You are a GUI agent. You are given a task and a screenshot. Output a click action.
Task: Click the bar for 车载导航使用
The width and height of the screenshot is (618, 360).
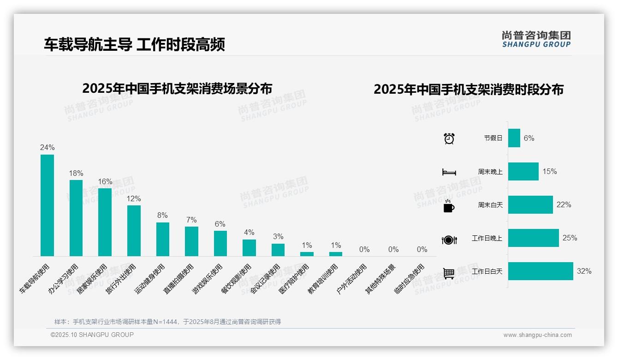coord(47,205)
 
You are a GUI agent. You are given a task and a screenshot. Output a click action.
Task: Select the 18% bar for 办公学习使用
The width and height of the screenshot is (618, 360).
coord(76,218)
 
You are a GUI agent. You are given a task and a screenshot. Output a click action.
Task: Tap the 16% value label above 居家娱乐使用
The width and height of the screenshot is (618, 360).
coord(105,181)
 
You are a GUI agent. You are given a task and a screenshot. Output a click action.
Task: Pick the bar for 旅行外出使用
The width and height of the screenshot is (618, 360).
coord(134,230)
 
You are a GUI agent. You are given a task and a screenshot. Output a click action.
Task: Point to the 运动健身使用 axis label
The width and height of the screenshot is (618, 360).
coord(150,279)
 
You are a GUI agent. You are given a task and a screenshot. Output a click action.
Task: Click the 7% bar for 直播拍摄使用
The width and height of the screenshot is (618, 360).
coord(191,241)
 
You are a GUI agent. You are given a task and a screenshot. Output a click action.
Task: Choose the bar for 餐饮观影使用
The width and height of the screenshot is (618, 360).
coord(249,247)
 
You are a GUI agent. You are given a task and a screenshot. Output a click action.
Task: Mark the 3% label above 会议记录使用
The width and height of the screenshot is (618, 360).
coord(278,236)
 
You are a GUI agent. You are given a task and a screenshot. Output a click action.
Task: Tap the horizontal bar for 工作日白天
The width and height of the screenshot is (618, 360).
coord(541,271)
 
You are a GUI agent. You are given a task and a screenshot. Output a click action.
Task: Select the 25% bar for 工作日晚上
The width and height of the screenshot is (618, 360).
coord(533,238)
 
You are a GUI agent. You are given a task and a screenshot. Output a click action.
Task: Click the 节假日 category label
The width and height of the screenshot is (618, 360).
coord(493,138)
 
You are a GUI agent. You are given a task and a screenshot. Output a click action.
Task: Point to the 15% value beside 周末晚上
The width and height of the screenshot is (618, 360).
coord(549,171)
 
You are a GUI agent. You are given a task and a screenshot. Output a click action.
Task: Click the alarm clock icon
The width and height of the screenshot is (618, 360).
coord(449,138)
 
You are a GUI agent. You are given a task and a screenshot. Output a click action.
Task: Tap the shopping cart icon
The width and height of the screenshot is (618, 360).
coord(449,273)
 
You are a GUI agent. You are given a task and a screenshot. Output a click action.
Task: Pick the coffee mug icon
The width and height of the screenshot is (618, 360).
coord(449,206)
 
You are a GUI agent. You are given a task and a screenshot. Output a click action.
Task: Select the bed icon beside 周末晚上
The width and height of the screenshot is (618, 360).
coord(449,172)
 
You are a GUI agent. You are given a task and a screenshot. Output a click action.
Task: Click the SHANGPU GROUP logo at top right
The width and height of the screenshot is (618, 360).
coord(536,39)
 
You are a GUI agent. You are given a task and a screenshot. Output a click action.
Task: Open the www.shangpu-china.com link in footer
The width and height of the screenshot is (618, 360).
coord(537,335)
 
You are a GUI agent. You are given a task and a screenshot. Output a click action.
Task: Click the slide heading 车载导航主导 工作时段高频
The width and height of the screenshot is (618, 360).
coord(134,45)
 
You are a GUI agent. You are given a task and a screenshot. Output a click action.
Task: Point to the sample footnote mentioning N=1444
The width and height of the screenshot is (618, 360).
coord(167,322)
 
